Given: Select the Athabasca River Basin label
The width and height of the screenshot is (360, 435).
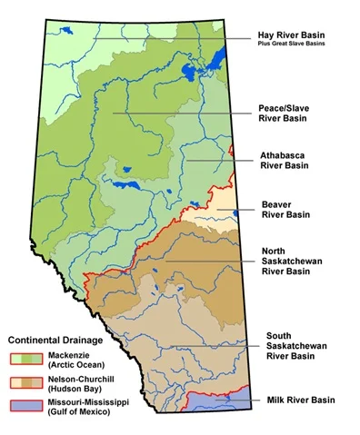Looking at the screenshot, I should [285, 160].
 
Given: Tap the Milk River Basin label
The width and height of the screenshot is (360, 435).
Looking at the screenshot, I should [301, 400].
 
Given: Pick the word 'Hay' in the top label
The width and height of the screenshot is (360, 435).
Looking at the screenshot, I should [266, 35].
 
